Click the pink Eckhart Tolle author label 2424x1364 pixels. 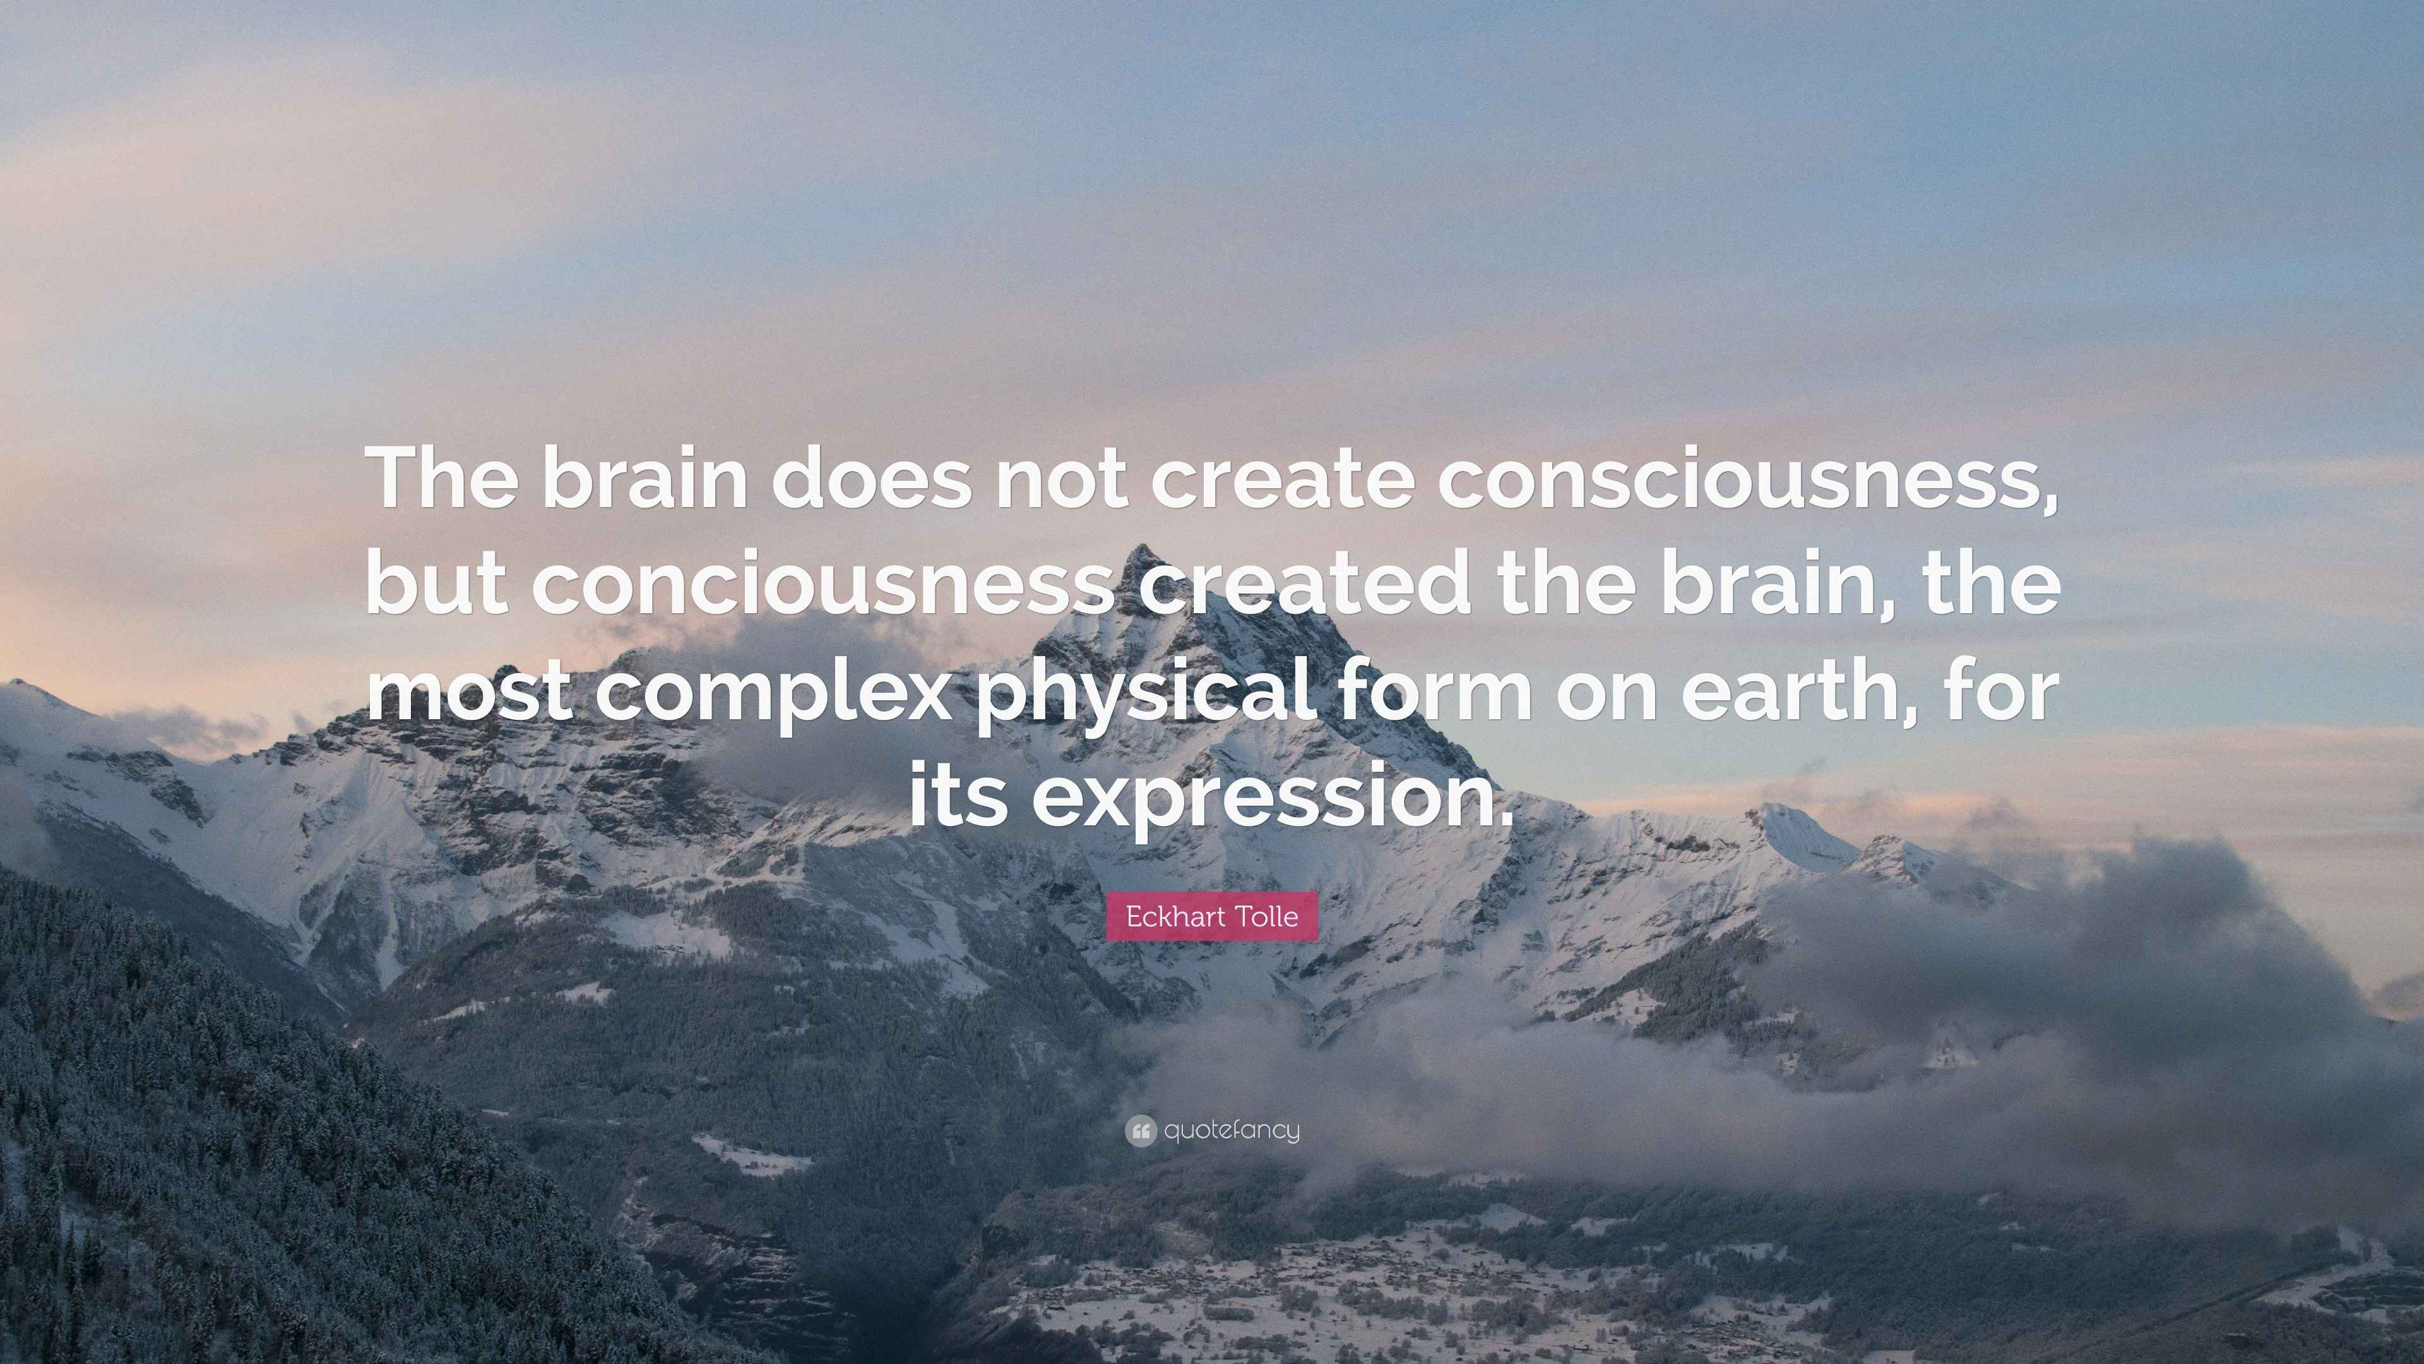pyautogui.click(x=1212, y=916)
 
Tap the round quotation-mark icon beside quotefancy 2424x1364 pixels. pyautogui.click(x=1141, y=1130)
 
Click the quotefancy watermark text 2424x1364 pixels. pyautogui.click(x=1232, y=1130)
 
